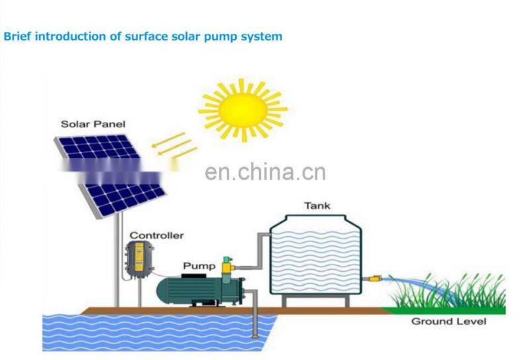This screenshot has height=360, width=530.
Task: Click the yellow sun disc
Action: coord(243,109)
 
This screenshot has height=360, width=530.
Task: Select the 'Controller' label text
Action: coord(156,235)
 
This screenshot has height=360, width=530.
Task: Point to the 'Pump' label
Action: coord(199,266)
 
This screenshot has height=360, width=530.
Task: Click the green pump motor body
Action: coord(188,290)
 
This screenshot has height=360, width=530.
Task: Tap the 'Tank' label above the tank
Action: coord(317,206)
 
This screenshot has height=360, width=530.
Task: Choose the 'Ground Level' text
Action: coord(449,322)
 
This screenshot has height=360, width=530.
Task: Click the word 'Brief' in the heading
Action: coord(17,36)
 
